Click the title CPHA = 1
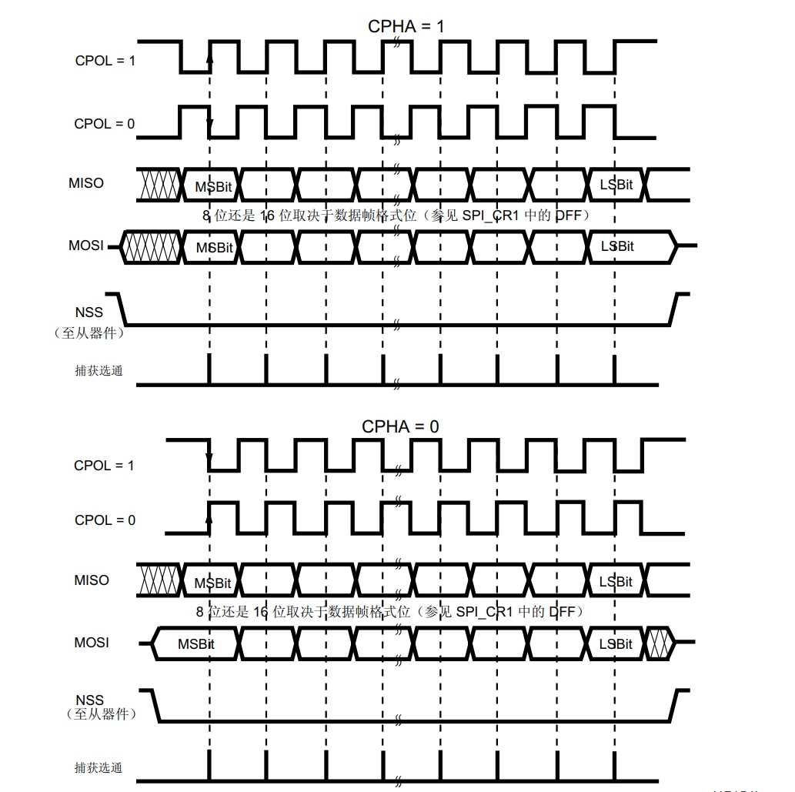click(406, 26)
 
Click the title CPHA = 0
click(400, 426)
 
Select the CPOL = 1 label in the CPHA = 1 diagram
click(105, 61)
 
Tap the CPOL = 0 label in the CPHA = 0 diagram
click(105, 520)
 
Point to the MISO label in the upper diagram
click(86, 183)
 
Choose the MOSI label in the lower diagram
click(92, 643)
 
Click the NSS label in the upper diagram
click(89, 312)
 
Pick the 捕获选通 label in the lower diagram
click(99, 767)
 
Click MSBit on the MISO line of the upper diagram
click(213, 187)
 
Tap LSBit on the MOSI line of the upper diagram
click(617, 246)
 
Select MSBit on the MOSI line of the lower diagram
click(196, 644)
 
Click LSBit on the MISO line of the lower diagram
click(616, 582)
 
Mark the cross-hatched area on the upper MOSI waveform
click(151, 247)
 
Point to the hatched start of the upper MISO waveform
click(159, 185)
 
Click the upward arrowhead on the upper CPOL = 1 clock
click(209, 58)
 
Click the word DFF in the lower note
click(562, 612)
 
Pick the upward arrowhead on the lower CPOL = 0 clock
click(209, 517)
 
